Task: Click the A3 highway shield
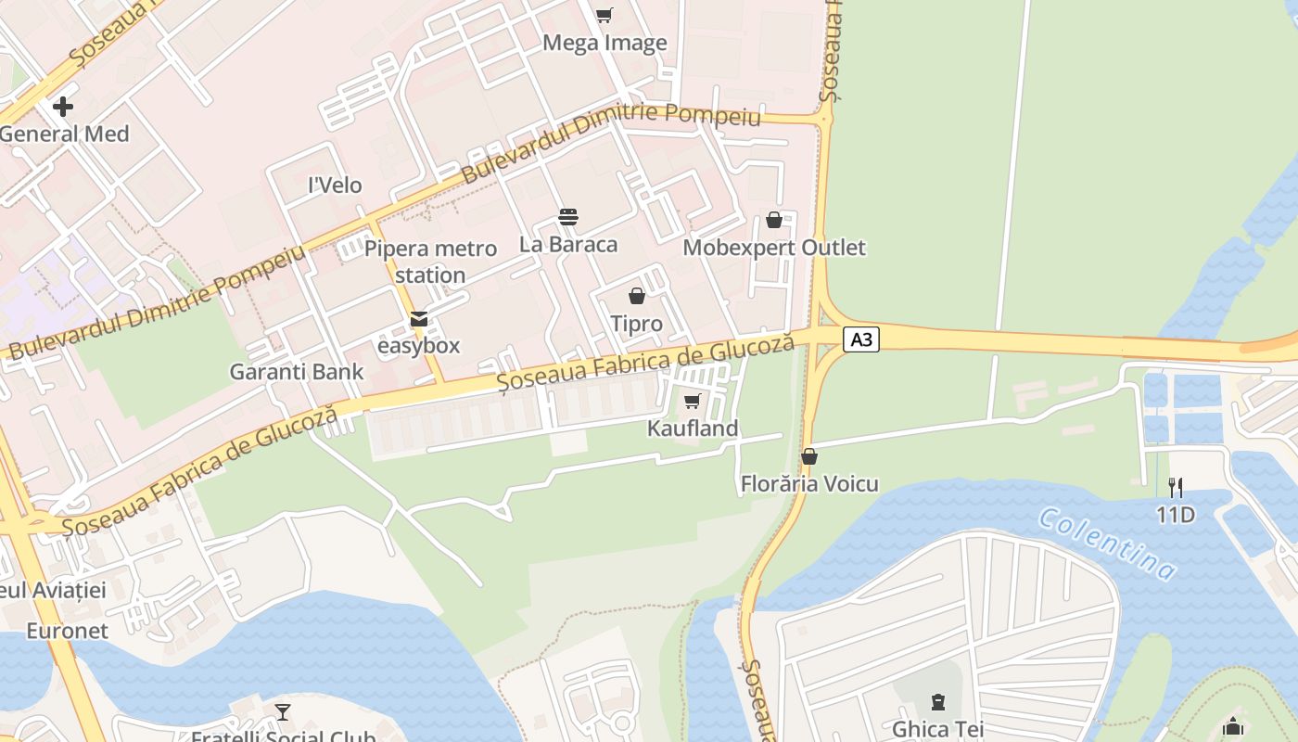[x=861, y=339]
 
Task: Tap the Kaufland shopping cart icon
[x=692, y=402]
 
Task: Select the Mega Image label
[x=604, y=43]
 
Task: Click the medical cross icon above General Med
[x=63, y=107]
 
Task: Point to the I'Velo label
[x=335, y=185]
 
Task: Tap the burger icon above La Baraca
[x=568, y=217]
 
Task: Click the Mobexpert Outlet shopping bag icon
[x=774, y=220]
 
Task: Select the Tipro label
[x=636, y=324]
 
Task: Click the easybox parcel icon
[x=419, y=319]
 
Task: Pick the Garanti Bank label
[x=297, y=372]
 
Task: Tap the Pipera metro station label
[x=430, y=262]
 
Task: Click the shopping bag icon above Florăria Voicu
[x=809, y=456]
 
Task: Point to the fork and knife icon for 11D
[x=1175, y=486]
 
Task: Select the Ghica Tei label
[x=937, y=729]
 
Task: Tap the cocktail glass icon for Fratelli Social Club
[x=283, y=712]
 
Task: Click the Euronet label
[x=67, y=631]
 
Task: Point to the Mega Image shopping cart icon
[x=604, y=15]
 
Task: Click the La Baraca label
[x=568, y=245]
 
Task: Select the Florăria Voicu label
[x=809, y=484]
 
